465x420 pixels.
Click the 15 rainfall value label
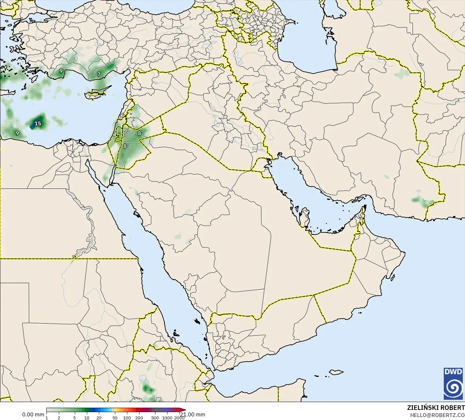(38, 123)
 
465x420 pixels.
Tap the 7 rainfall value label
(99, 74)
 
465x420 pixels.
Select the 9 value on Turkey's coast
(61, 71)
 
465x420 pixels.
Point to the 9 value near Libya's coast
(17, 133)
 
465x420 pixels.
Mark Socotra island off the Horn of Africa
(336, 372)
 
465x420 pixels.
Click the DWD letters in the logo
(453, 372)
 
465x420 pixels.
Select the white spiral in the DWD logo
(453, 387)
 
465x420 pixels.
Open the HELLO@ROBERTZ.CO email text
(437, 415)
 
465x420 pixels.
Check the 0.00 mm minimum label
(33, 414)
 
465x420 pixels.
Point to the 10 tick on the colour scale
(87, 417)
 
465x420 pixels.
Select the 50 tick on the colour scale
(115, 417)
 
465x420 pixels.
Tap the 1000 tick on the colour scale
(167, 417)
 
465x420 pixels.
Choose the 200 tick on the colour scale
(139, 417)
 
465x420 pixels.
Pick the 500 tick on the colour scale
(155, 417)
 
